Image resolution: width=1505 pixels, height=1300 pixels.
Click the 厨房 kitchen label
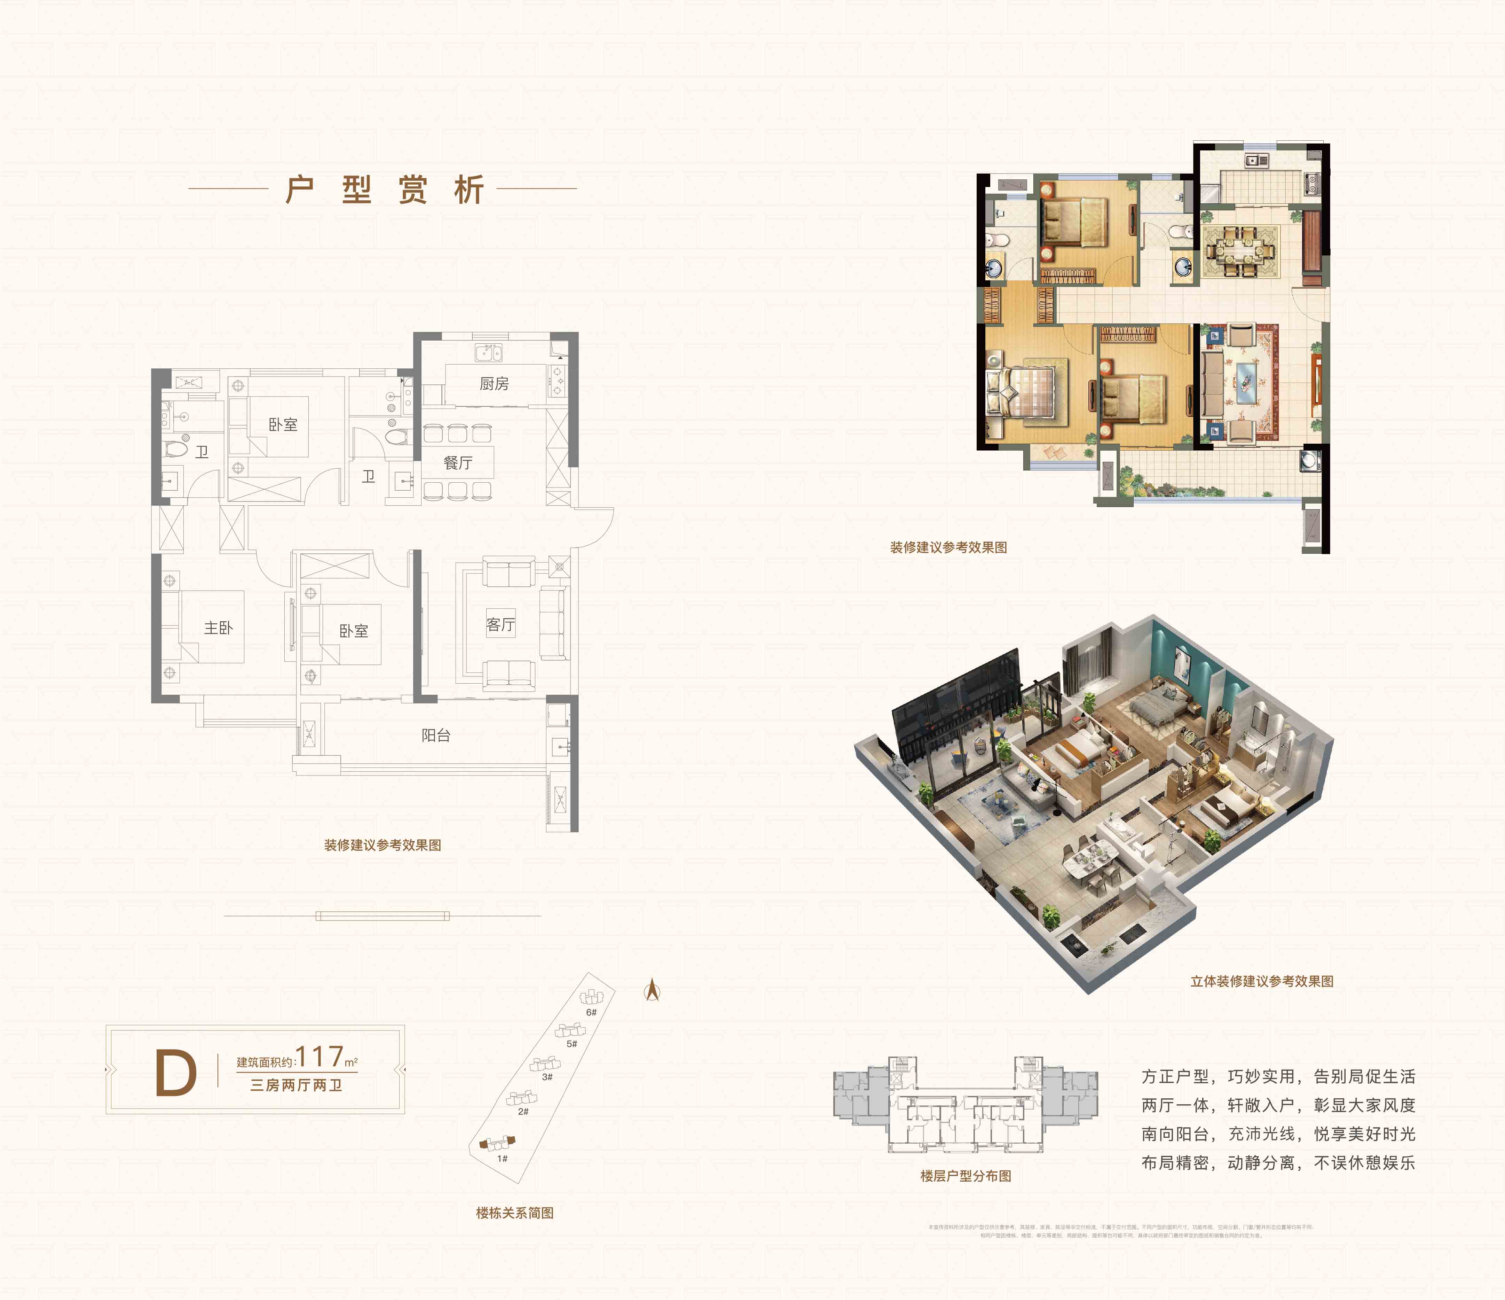pyautogui.click(x=494, y=384)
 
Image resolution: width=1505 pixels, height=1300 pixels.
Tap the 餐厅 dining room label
pyautogui.click(x=458, y=463)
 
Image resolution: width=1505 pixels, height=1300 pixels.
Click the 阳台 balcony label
pyautogui.click(x=436, y=735)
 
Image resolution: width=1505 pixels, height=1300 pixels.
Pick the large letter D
pyautogui.click(x=176, y=1074)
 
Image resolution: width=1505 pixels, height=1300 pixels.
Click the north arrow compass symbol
pyautogui.click(x=652, y=990)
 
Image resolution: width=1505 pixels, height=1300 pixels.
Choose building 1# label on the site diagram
pyautogui.click(x=502, y=1158)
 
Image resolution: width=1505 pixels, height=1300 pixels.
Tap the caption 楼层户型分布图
pyautogui.click(x=965, y=1176)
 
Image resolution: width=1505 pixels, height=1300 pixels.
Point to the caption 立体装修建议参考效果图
pyautogui.click(x=1262, y=981)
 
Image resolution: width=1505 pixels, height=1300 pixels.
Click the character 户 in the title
pyautogui.click(x=300, y=190)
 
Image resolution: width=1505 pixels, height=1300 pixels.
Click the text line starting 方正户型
pyautogui.click(x=1278, y=1076)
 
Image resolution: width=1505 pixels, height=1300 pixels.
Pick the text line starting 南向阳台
pyautogui.click(x=1278, y=1134)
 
